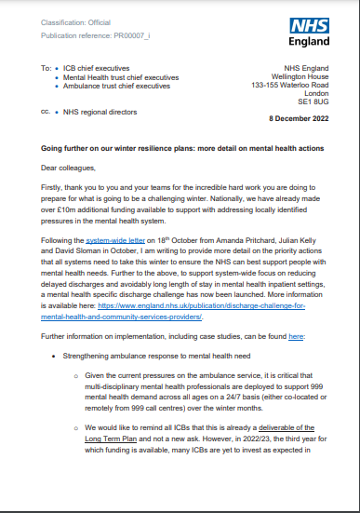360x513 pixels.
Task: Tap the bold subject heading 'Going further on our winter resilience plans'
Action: click(140, 148)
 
